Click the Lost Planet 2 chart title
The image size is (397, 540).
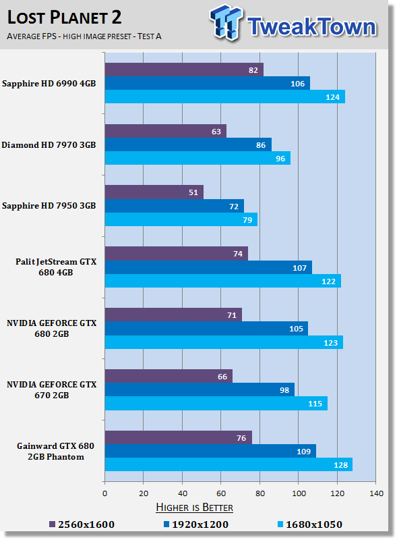[x=64, y=18]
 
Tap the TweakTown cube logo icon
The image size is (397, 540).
[x=226, y=22]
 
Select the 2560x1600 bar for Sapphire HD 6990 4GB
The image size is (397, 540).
[x=184, y=70]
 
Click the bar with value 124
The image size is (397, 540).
[x=225, y=97]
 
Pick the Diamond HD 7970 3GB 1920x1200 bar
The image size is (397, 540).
[x=188, y=144]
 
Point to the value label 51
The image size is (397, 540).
[x=193, y=192]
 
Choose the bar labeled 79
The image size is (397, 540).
[x=181, y=219]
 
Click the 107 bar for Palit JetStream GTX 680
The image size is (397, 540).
[x=208, y=267]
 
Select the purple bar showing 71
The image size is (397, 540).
[x=173, y=315]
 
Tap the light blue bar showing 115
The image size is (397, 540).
[x=216, y=403]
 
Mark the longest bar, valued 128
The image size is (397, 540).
[x=228, y=464]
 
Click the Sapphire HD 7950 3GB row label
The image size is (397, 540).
[x=49, y=206]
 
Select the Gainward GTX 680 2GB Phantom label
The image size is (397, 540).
[x=56, y=451]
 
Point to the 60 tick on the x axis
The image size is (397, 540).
[x=221, y=493]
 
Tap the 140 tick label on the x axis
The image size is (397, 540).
[x=376, y=493]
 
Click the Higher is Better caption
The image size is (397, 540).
[x=194, y=508]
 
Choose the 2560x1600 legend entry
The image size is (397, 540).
[x=82, y=524]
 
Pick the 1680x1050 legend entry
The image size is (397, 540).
[x=310, y=524]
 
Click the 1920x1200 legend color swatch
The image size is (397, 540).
[x=166, y=524]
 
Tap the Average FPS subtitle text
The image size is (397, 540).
[x=84, y=36]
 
